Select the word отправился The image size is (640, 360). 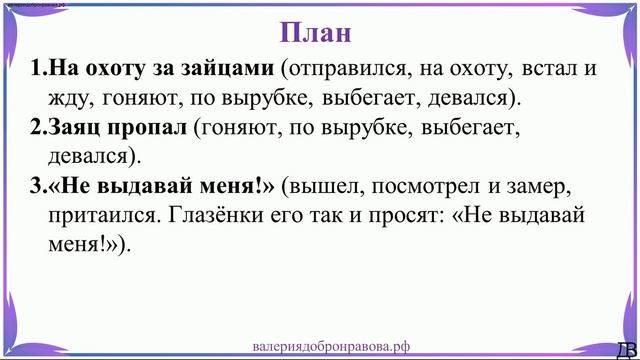pyautogui.click(x=340, y=70)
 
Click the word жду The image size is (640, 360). pyautogui.click(x=65, y=99)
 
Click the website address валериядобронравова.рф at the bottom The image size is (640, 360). pyautogui.click(x=332, y=345)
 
